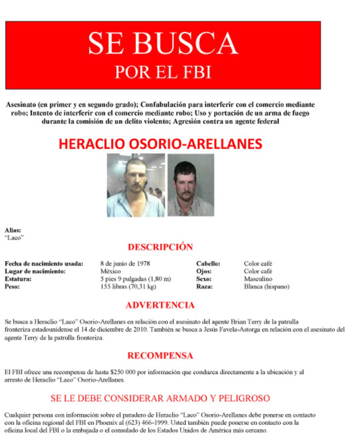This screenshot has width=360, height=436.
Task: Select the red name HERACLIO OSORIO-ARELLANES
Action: coord(160,144)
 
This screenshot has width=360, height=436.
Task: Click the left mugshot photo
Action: coord(136,185)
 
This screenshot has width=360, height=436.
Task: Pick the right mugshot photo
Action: coord(191,185)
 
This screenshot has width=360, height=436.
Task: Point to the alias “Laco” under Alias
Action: coord(14,238)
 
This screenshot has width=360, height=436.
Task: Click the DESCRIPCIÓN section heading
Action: coord(160,247)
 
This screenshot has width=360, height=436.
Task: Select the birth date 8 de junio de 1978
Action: coord(125,264)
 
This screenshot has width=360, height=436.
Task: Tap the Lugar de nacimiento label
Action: coord(35,271)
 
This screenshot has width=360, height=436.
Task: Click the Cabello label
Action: coord(208,264)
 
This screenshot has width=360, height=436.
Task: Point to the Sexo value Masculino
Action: coord(258,279)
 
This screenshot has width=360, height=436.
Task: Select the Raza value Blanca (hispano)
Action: coord(267,287)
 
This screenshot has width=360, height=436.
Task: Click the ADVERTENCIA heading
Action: coord(160,305)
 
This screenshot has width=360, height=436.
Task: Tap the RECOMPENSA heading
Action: coord(160,355)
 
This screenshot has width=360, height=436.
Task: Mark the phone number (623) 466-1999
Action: coord(147,423)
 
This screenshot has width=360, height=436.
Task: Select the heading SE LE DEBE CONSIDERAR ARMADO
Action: coord(160,398)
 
